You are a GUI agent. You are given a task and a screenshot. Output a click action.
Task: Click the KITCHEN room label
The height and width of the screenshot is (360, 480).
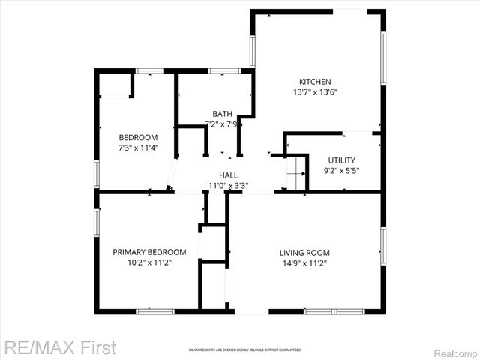click(315, 82)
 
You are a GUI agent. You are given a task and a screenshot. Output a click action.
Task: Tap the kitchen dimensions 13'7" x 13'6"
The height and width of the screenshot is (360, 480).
click(315, 93)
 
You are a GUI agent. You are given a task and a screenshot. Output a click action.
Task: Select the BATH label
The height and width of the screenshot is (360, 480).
click(221, 114)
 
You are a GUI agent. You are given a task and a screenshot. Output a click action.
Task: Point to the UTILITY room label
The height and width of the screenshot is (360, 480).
click(341, 160)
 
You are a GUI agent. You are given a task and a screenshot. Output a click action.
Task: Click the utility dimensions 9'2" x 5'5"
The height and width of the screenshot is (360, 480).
click(341, 170)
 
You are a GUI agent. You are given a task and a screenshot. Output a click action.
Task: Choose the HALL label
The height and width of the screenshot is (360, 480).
click(229, 175)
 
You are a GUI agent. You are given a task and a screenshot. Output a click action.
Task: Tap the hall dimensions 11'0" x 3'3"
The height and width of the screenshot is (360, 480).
click(229, 185)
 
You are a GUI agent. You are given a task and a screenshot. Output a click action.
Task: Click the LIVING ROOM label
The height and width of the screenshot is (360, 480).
click(304, 253)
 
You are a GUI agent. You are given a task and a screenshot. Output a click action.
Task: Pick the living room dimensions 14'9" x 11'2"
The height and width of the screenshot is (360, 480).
click(304, 263)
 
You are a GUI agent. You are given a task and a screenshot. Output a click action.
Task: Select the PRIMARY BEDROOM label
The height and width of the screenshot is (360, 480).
click(149, 252)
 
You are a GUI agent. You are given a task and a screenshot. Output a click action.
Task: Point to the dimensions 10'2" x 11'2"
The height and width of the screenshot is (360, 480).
click(149, 262)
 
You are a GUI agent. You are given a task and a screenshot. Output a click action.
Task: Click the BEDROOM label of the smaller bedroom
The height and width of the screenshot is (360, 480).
click(139, 137)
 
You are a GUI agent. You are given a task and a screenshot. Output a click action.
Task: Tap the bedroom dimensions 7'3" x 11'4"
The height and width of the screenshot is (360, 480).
click(139, 148)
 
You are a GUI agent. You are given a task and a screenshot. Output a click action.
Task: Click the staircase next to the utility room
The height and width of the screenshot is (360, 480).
click(295, 174)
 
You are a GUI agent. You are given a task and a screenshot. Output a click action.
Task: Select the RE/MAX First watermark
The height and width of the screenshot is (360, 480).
click(60, 348)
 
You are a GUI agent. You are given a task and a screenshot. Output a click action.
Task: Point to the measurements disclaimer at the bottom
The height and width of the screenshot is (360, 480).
click(244, 350)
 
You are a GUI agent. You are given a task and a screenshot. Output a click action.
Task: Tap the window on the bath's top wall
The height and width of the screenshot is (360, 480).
click(223, 71)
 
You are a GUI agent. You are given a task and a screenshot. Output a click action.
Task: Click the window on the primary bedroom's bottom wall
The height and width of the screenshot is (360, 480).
click(155, 310)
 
